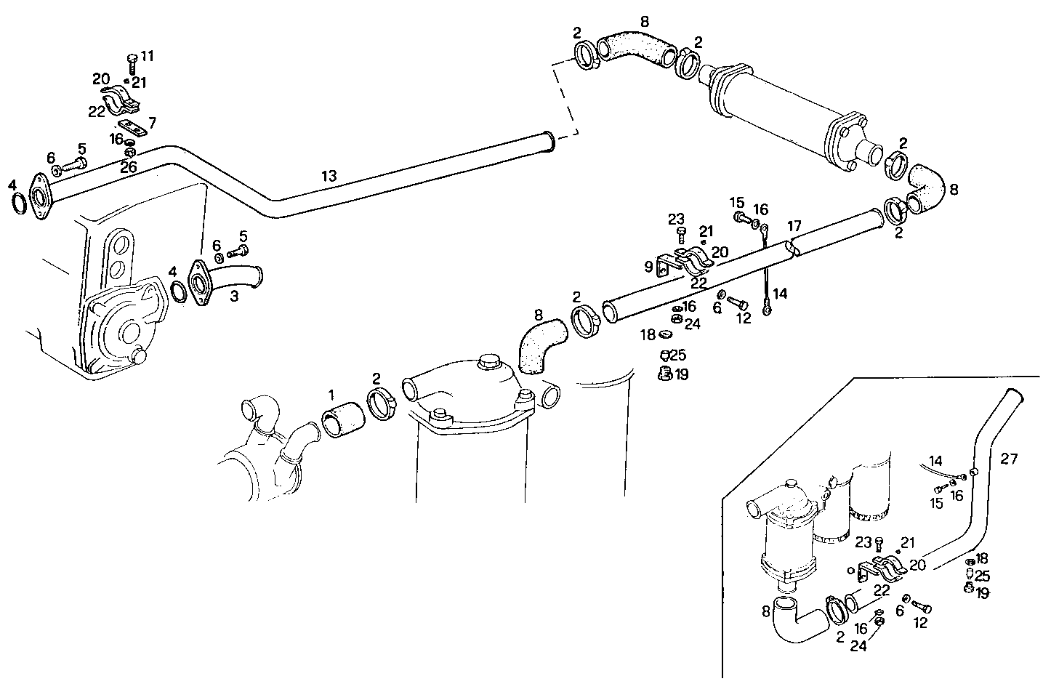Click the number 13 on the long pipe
(x=329, y=175)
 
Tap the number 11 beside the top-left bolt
(x=148, y=56)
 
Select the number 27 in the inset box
(x=1009, y=459)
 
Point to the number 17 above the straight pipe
(x=794, y=225)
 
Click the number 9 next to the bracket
(x=648, y=267)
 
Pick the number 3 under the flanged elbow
(x=234, y=297)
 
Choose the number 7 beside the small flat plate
(x=152, y=121)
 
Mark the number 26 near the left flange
(x=129, y=166)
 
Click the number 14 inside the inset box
(x=935, y=460)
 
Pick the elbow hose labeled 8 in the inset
(x=798, y=617)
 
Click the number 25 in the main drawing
(x=678, y=355)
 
